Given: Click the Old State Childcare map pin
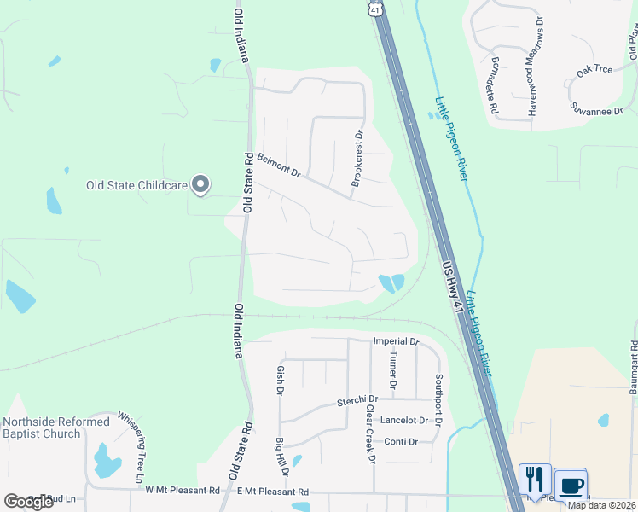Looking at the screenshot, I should point(200,184).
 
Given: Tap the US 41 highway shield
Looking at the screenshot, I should point(374,9).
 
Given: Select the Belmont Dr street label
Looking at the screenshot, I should point(279,166).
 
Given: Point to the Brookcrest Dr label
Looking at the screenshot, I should point(357,159).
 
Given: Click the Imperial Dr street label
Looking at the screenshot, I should point(396,341).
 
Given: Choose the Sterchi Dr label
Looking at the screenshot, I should point(357,399).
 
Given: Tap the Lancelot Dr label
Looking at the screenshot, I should point(404,420).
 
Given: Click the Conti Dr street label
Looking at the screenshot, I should point(400,441).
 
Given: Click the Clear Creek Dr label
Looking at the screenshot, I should point(371,433).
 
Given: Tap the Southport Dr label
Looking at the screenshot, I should point(438,399).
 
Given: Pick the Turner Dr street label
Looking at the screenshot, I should point(393,370).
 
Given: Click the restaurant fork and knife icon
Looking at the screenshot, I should point(534,480).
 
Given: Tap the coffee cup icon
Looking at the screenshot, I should point(571,484).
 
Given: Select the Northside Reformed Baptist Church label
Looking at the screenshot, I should point(56,428).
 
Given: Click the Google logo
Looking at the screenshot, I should point(28,502).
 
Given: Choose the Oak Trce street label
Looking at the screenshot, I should point(594,73).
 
